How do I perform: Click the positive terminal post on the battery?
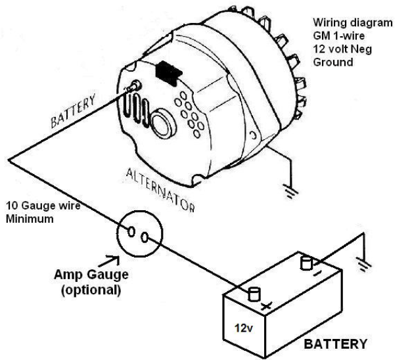pyautogui.click(x=254, y=294)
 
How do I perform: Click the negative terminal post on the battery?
pyautogui.click(x=306, y=263)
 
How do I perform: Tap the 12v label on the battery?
pyautogui.click(x=244, y=328)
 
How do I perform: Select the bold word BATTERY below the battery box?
pyautogui.click(x=335, y=344)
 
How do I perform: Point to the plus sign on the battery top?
pyautogui.click(x=266, y=306)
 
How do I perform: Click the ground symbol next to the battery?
pyautogui.click(x=363, y=263)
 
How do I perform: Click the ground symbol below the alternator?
pyautogui.click(x=290, y=191)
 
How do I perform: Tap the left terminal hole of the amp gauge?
pyautogui.click(x=131, y=232)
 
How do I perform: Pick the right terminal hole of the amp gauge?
pyautogui.click(x=145, y=237)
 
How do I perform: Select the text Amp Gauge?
pyautogui.click(x=91, y=275)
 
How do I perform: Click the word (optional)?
pyautogui.click(x=91, y=290)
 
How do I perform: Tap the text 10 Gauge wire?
pyautogui.click(x=43, y=206)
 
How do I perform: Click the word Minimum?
pyautogui.click(x=30, y=219)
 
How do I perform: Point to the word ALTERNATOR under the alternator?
pyautogui.click(x=160, y=190)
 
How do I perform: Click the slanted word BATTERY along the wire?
pyautogui.click(x=73, y=111)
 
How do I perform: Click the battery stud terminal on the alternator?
pyautogui.click(x=135, y=86)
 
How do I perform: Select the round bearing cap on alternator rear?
pyautogui.click(x=163, y=124)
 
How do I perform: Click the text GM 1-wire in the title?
pyautogui.click(x=338, y=35)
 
